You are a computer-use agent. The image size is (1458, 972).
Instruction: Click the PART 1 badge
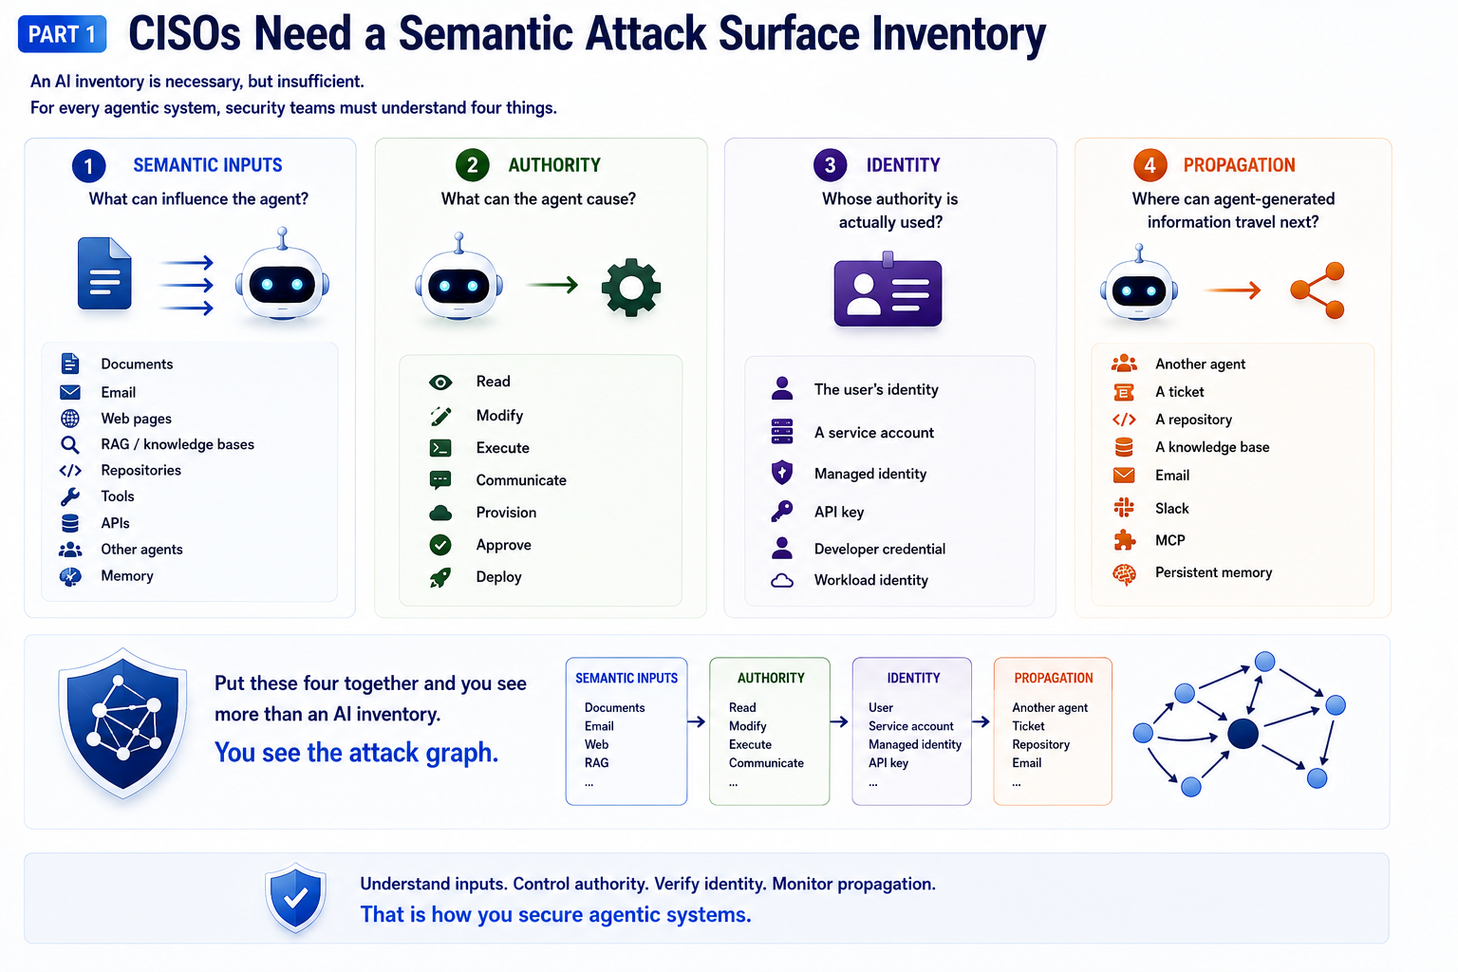pyautogui.click(x=62, y=34)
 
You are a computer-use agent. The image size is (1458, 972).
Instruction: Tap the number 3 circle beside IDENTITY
pyautogui.click(x=830, y=165)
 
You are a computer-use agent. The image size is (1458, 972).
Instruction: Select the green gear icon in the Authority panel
pyautogui.click(x=630, y=287)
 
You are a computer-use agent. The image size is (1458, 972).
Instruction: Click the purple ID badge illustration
pyautogui.click(x=888, y=290)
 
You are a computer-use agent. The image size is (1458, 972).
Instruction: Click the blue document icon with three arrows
pyautogui.click(x=104, y=273)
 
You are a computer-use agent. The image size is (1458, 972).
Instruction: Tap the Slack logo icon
pyautogui.click(x=1124, y=507)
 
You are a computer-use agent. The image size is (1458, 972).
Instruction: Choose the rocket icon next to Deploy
pyautogui.click(x=440, y=577)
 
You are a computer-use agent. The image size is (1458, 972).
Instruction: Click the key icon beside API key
pyautogui.click(x=782, y=511)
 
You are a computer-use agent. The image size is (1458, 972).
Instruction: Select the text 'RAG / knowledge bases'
pyautogui.click(x=178, y=444)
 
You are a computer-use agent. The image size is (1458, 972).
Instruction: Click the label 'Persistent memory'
pyautogui.click(x=1213, y=572)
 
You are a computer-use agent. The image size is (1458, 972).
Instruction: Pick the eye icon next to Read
pyautogui.click(x=440, y=383)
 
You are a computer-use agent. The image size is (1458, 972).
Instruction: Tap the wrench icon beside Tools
pyautogui.click(x=70, y=496)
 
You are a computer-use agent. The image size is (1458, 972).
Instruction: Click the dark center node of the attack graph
pyautogui.click(x=1243, y=735)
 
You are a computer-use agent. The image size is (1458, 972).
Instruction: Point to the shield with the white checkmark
pyautogui.click(x=295, y=898)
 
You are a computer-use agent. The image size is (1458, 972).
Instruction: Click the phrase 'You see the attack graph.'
pyautogui.click(x=356, y=753)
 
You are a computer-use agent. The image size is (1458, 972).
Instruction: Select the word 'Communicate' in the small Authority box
pyautogui.click(x=766, y=762)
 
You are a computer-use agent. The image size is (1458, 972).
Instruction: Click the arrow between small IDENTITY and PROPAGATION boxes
pyautogui.click(x=981, y=721)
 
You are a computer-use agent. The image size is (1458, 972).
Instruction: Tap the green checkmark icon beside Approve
pyautogui.click(x=440, y=544)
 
